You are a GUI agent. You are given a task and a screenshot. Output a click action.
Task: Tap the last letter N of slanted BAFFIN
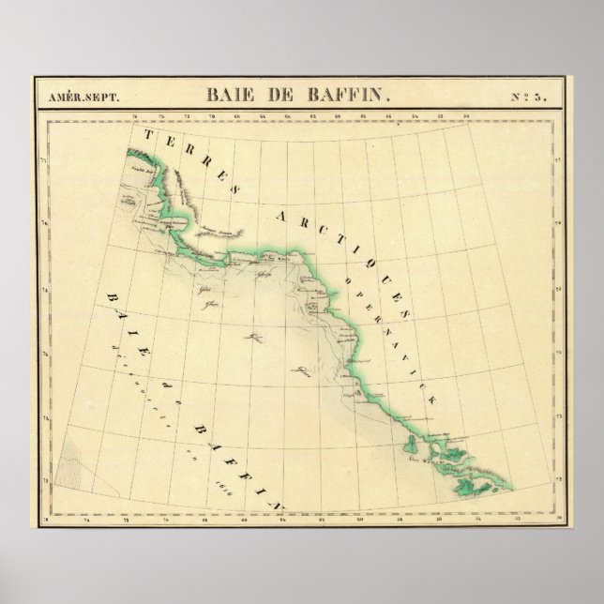pyautogui.click(x=279, y=504)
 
